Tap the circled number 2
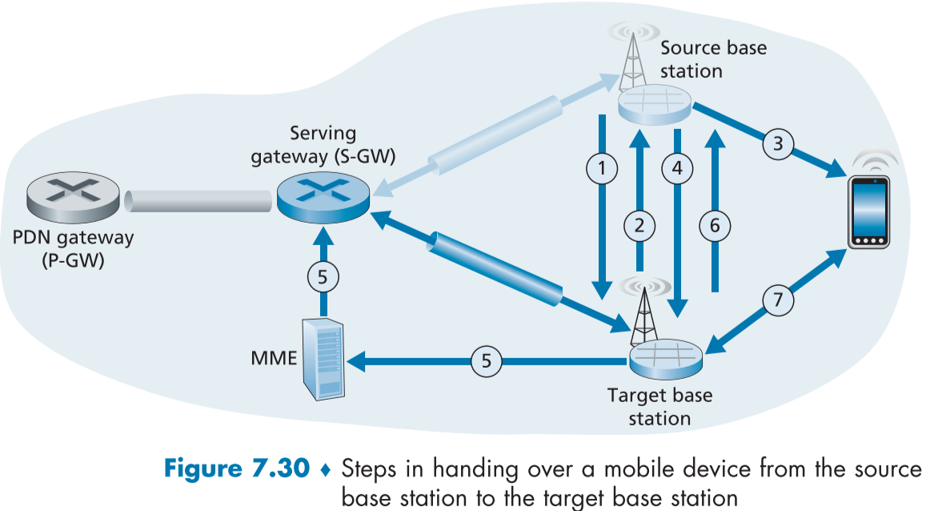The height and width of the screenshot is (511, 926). [x=639, y=226]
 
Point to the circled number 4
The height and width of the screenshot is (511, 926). [x=677, y=168]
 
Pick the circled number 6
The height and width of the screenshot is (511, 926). [x=715, y=226]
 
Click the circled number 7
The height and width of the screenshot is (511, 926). [x=778, y=301]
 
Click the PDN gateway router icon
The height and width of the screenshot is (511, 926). [x=73, y=195]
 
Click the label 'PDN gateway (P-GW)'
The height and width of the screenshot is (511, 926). [x=73, y=248]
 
